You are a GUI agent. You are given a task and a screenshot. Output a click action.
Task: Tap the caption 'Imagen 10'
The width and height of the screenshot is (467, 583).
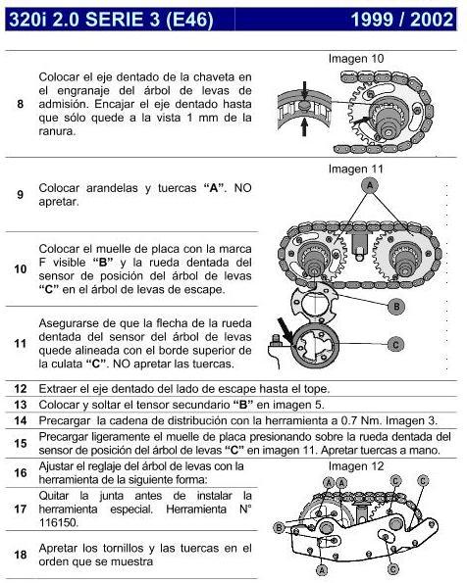click(356, 59)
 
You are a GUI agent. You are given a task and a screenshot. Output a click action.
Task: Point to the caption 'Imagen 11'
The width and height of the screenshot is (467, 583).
click(356, 168)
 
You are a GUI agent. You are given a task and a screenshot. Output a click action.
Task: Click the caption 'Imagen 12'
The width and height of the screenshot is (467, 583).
click(356, 465)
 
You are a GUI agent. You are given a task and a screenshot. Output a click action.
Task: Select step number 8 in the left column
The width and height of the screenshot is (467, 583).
click(21, 103)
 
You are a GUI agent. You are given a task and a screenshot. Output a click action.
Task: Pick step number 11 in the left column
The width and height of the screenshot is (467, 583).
click(21, 343)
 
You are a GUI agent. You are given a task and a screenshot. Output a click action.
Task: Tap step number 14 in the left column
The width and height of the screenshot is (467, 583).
click(21, 419)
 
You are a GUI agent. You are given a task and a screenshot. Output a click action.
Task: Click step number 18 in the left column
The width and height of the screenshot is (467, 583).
click(21, 555)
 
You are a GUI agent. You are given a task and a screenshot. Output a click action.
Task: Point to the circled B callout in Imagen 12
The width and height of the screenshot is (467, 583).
click(280, 528)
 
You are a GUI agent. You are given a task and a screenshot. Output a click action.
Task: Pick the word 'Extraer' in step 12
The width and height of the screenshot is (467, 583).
click(59, 388)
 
